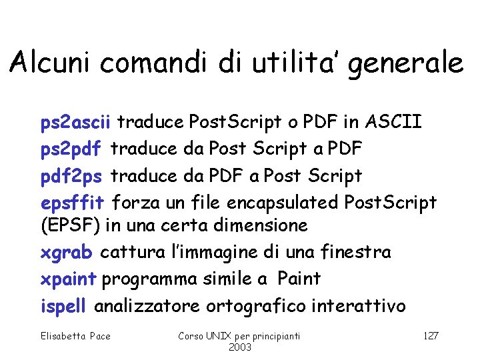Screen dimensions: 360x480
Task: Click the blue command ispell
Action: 63,306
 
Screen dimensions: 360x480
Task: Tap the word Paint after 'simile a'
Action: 299,279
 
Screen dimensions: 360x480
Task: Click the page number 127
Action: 431,336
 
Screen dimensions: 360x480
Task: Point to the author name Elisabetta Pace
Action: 75,336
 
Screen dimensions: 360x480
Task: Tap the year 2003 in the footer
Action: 239,348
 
